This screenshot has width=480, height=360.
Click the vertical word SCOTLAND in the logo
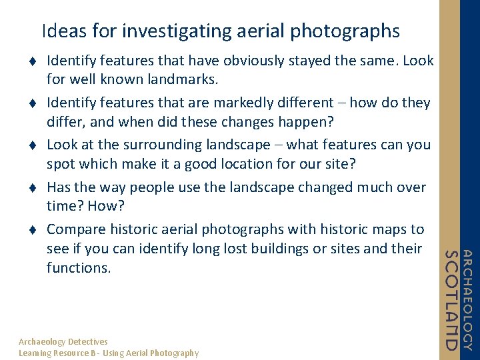(452, 300)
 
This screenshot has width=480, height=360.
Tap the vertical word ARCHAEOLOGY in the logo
(467, 300)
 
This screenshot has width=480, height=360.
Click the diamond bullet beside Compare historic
(31, 230)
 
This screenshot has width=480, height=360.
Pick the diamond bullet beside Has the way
(31, 188)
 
